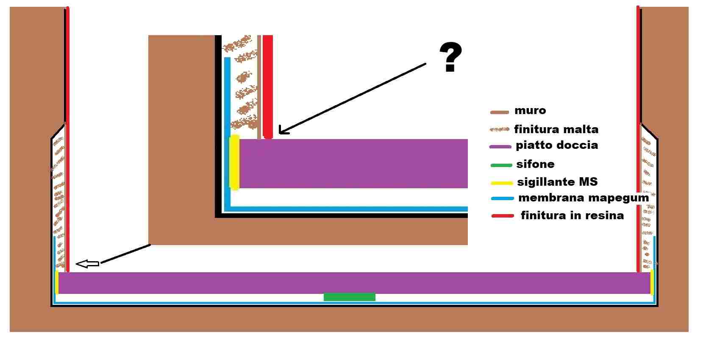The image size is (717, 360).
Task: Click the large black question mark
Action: coord(450,57)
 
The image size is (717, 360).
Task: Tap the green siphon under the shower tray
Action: coord(349,297)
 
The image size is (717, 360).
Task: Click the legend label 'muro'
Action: coord(530,111)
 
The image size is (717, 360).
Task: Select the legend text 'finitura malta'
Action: coord(556,129)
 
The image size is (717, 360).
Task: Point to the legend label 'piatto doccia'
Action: coord(556,145)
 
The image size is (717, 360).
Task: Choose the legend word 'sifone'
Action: coord(535,164)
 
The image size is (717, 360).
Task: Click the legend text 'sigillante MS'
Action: coord(557,182)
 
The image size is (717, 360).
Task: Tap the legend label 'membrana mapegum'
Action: coord(583,198)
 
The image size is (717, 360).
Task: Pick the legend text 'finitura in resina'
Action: coord(572,215)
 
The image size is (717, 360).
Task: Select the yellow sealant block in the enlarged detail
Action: coord(234,162)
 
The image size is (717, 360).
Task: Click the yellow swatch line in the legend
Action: coord(502,183)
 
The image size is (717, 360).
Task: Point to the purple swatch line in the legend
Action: coord(500,147)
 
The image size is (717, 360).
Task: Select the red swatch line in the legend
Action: coord(503,216)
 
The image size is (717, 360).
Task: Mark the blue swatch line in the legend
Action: coord(502,198)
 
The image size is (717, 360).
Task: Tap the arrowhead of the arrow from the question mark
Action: coord(281,131)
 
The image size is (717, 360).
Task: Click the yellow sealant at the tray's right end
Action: coord(652,282)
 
